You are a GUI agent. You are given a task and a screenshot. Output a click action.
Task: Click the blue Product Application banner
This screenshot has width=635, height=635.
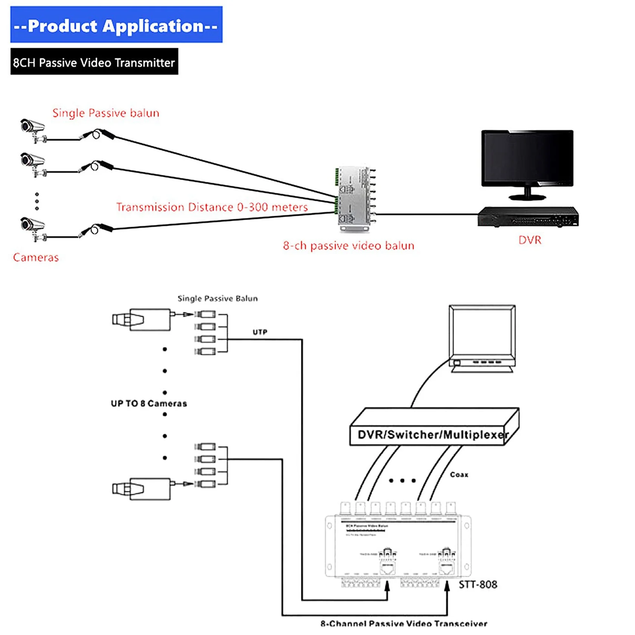pyautogui.click(x=116, y=25)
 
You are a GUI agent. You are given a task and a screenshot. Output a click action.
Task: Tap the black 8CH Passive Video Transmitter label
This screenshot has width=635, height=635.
pyautogui.click(x=94, y=62)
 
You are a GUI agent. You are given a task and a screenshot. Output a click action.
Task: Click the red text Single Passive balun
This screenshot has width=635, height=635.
pyautogui.click(x=106, y=113)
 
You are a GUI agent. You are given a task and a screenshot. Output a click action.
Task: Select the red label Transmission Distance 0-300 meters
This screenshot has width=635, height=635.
pyautogui.click(x=212, y=207)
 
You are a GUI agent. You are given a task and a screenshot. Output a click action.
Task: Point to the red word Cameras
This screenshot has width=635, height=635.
pyautogui.click(x=36, y=257)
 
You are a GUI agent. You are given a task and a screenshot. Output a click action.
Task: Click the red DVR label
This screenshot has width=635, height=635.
pyautogui.click(x=530, y=240)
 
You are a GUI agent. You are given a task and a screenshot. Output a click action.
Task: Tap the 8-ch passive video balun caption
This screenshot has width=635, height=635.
pyautogui.click(x=349, y=245)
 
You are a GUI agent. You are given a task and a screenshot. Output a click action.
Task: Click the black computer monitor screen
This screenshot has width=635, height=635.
pyautogui.click(x=527, y=158)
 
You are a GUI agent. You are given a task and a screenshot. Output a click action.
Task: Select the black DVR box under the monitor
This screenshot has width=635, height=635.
pyautogui.click(x=528, y=217)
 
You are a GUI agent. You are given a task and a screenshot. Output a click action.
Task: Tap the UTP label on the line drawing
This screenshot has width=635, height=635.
pyautogui.click(x=260, y=332)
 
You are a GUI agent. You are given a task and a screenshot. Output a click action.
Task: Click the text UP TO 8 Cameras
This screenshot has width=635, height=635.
pyautogui.click(x=149, y=403)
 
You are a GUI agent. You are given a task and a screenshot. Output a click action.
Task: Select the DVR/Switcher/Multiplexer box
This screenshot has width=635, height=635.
pyautogui.click(x=433, y=428)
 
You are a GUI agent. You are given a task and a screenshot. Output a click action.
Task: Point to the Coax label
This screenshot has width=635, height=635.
pyautogui.click(x=459, y=474)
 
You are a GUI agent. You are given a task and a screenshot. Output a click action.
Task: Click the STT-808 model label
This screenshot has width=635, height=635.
pyautogui.click(x=478, y=585)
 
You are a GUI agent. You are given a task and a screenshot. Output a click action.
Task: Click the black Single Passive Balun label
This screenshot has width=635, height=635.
pyautogui.click(x=217, y=298)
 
